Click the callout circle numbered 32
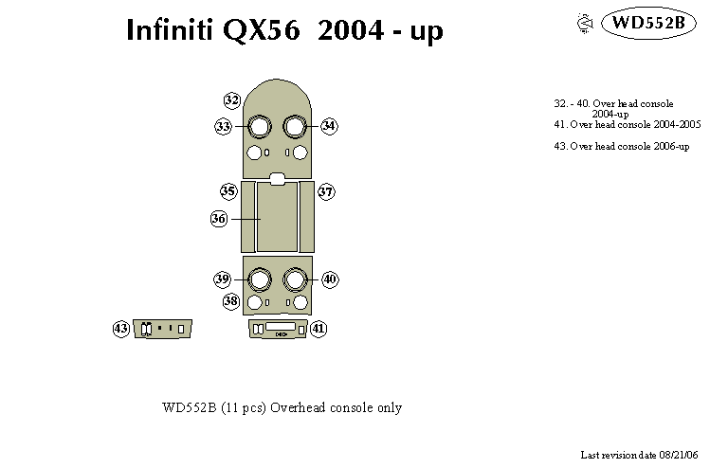click(232, 100)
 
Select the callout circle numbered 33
click(224, 126)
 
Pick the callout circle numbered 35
click(228, 191)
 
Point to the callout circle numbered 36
click(219, 219)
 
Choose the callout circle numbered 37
click(326, 191)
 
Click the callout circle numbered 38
click(231, 301)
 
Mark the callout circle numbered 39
click(223, 279)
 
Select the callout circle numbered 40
click(330, 279)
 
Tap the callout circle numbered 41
click(319, 329)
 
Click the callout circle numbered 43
click(121, 329)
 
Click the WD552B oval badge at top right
click(648, 23)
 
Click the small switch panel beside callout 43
click(163, 329)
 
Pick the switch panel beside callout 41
click(278, 329)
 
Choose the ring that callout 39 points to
click(258, 279)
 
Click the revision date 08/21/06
click(680, 456)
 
